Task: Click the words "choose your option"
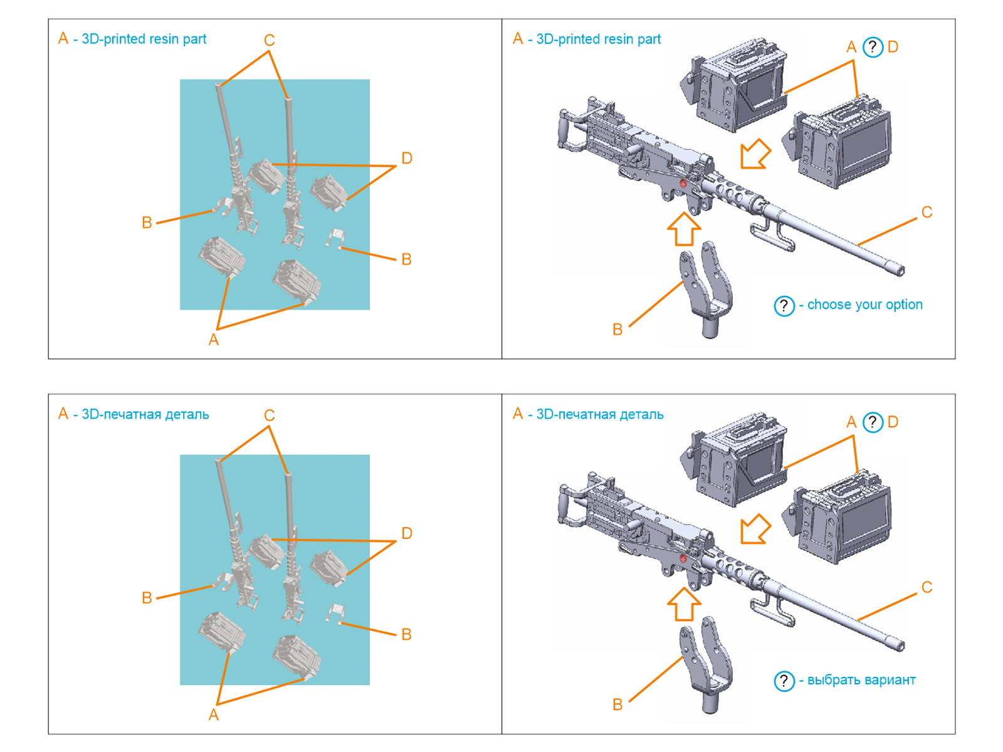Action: click(x=864, y=305)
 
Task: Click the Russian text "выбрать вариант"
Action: click(x=861, y=680)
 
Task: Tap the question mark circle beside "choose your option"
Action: click(x=784, y=306)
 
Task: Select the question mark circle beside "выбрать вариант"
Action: click(x=784, y=681)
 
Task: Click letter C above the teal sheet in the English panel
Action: click(x=270, y=41)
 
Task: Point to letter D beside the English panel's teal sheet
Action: click(x=407, y=159)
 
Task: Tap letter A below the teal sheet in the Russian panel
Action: click(x=214, y=715)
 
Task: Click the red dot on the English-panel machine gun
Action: click(x=683, y=183)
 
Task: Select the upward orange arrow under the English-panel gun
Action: click(x=683, y=229)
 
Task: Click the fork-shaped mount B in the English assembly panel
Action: click(x=707, y=288)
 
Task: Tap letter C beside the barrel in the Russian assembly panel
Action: click(x=927, y=587)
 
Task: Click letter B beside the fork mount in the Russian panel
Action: click(x=617, y=705)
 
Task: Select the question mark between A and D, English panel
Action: click(x=873, y=47)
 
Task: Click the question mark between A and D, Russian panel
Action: click(x=873, y=422)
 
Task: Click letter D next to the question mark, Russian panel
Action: click(x=893, y=422)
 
